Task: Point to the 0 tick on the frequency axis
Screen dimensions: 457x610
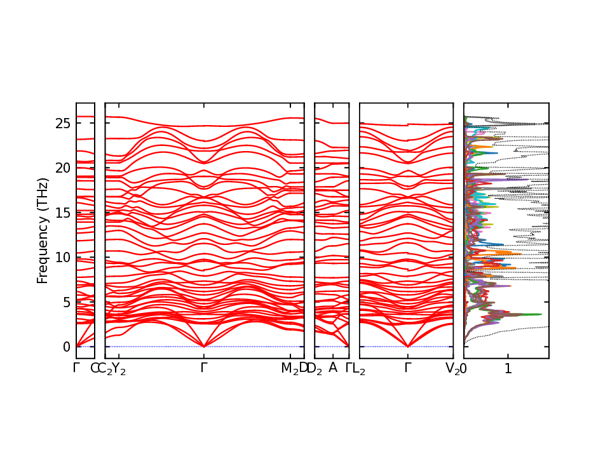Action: (x=66, y=347)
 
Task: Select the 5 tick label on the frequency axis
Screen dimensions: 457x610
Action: (x=66, y=302)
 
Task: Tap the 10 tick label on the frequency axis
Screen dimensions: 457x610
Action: (x=63, y=257)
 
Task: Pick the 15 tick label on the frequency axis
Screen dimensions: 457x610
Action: (x=63, y=213)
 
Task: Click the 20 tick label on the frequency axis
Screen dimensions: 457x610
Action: (x=63, y=168)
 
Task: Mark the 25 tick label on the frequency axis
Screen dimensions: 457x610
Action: (x=63, y=123)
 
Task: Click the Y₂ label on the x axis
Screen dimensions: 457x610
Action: (x=119, y=369)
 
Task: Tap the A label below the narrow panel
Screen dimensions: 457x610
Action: (x=332, y=368)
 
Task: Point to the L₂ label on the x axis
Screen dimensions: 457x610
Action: (x=359, y=369)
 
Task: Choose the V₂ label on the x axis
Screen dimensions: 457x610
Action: (x=452, y=369)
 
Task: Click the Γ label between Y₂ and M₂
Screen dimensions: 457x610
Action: (x=203, y=368)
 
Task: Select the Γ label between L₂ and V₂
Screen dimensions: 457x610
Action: (x=407, y=368)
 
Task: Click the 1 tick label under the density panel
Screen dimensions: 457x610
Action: (x=508, y=368)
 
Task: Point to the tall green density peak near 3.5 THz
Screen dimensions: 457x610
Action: (x=539, y=314)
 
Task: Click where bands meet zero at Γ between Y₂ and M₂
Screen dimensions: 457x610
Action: (x=203, y=346)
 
